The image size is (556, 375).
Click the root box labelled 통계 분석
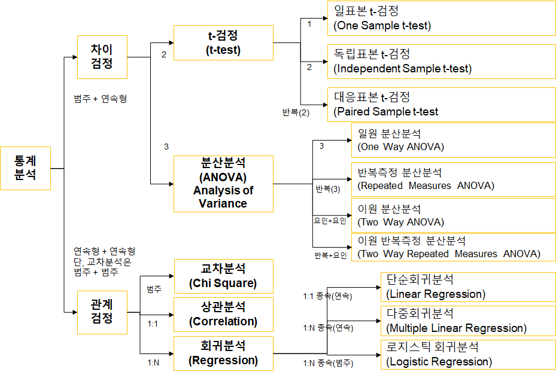pyautogui.click(x=25, y=168)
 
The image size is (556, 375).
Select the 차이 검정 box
pyautogui.click(x=102, y=57)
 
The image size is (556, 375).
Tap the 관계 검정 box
pyautogui.click(x=102, y=311)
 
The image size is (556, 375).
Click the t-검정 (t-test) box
pyautogui.click(x=223, y=42)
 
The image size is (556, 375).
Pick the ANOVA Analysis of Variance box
pyautogui.click(x=223, y=184)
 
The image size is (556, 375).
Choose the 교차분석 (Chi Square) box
pyautogui.click(x=223, y=276)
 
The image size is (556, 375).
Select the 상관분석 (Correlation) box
pyautogui.click(x=223, y=314)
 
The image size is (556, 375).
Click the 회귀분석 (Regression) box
pyautogui.click(x=223, y=353)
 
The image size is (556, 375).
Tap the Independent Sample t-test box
pyautogui.click(x=441, y=62)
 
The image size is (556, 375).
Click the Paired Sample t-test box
pyautogui.click(x=441, y=104)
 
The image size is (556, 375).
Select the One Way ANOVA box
pyautogui.click(x=453, y=140)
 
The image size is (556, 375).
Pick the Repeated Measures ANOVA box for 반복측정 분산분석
pyautogui.click(x=453, y=179)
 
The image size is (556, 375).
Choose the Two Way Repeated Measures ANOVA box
pyautogui.click(x=453, y=247)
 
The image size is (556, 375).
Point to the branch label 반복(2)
pyautogui.click(x=296, y=112)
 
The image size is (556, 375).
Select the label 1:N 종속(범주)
pyautogui.click(x=328, y=363)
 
